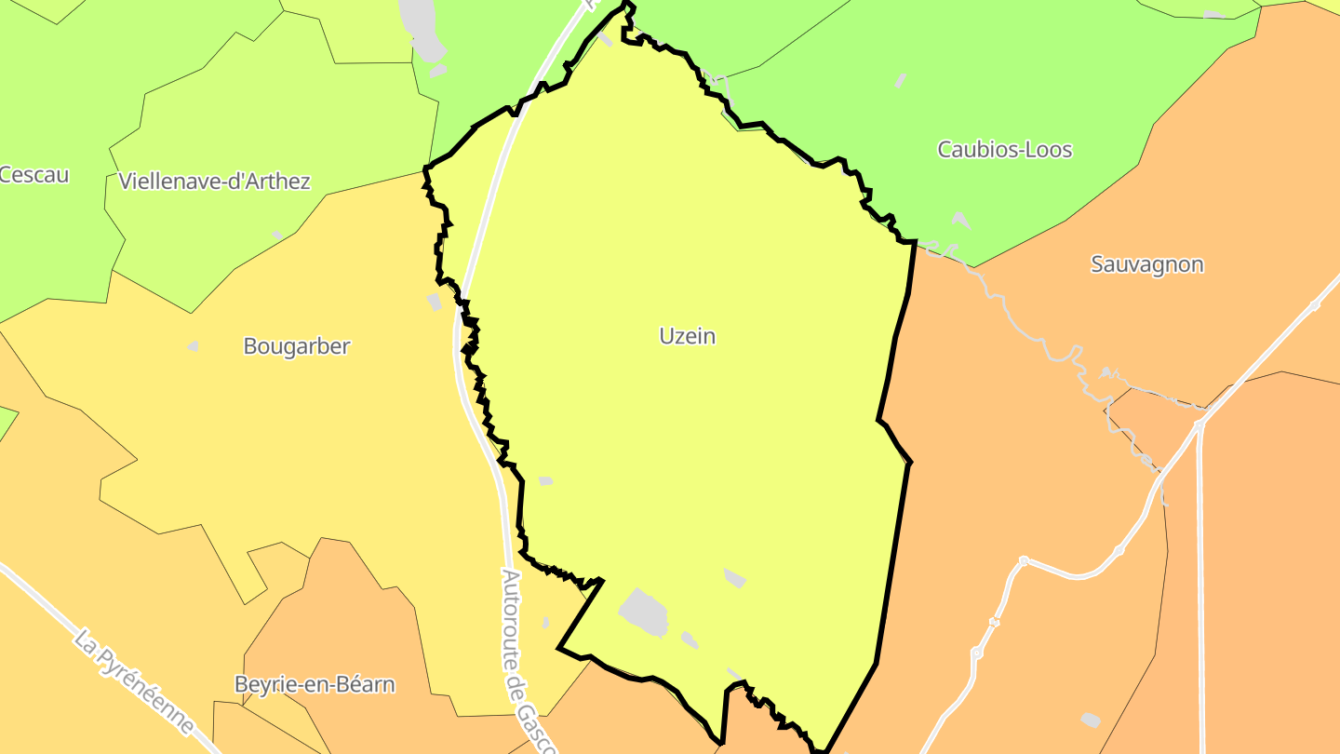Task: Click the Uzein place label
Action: click(x=688, y=336)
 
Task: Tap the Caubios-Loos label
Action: click(x=1004, y=149)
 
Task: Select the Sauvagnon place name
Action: click(x=1146, y=264)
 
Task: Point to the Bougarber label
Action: click(x=296, y=346)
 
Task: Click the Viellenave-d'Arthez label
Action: click(x=214, y=181)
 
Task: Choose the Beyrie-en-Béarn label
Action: click(x=315, y=685)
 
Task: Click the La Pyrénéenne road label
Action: click(x=135, y=682)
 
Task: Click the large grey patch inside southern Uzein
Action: click(x=644, y=611)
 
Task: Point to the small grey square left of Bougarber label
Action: click(x=194, y=346)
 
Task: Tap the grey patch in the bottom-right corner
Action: click(x=1090, y=720)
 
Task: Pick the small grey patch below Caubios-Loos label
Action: click(x=961, y=221)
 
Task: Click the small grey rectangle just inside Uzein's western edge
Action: click(x=545, y=480)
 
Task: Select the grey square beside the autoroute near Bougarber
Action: click(x=434, y=302)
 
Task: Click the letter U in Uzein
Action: click(x=666, y=336)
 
